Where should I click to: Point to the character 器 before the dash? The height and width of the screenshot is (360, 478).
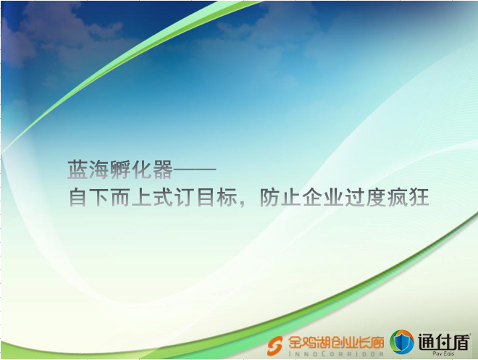(163, 169)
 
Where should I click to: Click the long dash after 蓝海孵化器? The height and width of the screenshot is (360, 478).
(195, 169)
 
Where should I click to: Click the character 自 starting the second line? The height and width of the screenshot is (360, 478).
(77, 197)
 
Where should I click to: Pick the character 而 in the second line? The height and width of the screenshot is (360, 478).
(120, 197)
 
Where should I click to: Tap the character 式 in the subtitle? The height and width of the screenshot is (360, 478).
(163, 197)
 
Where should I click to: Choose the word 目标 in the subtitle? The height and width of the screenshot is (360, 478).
(217, 197)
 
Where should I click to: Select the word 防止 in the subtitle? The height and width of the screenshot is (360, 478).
(280, 197)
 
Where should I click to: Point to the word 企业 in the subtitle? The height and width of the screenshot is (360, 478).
(323, 197)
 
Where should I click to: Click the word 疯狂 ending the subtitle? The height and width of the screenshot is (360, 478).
(408, 197)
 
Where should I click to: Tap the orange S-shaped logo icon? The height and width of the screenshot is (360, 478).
(274, 346)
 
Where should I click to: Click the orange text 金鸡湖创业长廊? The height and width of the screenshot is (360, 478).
(336, 343)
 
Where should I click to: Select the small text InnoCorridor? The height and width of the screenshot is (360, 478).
(336, 354)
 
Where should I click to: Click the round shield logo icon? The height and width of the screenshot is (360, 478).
(402, 342)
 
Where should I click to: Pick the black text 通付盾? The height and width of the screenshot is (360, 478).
(443, 341)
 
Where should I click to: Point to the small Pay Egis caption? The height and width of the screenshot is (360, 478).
(443, 353)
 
